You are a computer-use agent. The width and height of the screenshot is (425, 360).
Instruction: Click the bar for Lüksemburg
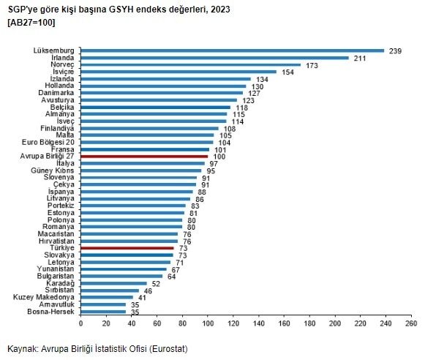(232, 50)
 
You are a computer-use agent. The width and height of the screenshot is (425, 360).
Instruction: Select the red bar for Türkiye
(127, 248)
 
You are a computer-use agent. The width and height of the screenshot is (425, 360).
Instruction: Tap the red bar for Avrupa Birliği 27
(144, 157)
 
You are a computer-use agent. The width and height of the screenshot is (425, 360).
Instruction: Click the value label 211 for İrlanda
(361, 58)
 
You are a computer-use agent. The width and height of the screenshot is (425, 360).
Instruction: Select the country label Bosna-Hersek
(53, 312)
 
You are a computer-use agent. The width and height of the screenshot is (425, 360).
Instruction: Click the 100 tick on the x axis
(208, 323)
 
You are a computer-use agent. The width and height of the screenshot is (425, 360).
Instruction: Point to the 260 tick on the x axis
(411, 323)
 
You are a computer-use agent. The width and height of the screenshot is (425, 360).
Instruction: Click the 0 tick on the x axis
(80, 323)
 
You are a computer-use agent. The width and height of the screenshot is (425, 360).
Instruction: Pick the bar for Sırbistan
(110, 290)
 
